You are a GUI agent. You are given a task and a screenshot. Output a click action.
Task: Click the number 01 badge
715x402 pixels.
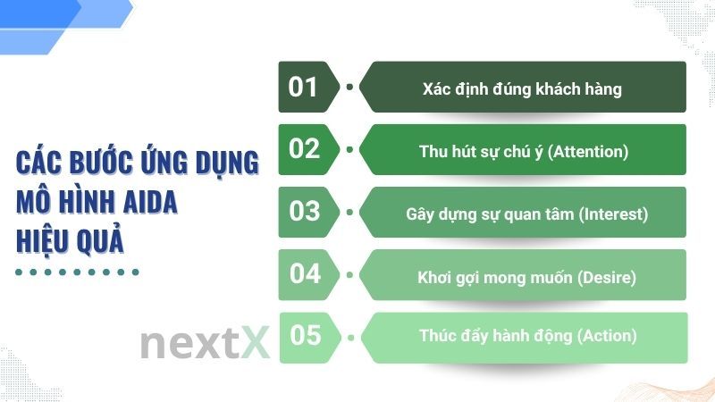(x=305, y=87)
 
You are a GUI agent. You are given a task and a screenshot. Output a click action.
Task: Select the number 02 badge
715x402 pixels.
(x=305, y=148)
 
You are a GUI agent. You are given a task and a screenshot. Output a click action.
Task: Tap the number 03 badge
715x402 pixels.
(x=305, y=211)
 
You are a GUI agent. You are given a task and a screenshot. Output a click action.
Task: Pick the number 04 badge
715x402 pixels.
(x=305, y=273)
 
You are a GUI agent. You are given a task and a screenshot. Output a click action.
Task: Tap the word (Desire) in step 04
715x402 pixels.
(x=606, y=277)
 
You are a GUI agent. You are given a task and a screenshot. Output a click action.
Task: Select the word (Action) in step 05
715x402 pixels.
(x=606, y=336)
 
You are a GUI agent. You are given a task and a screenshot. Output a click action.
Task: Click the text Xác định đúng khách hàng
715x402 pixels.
(x=522, y=89)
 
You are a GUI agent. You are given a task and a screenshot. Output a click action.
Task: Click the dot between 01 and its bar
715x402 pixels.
(x=349, y=87)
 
